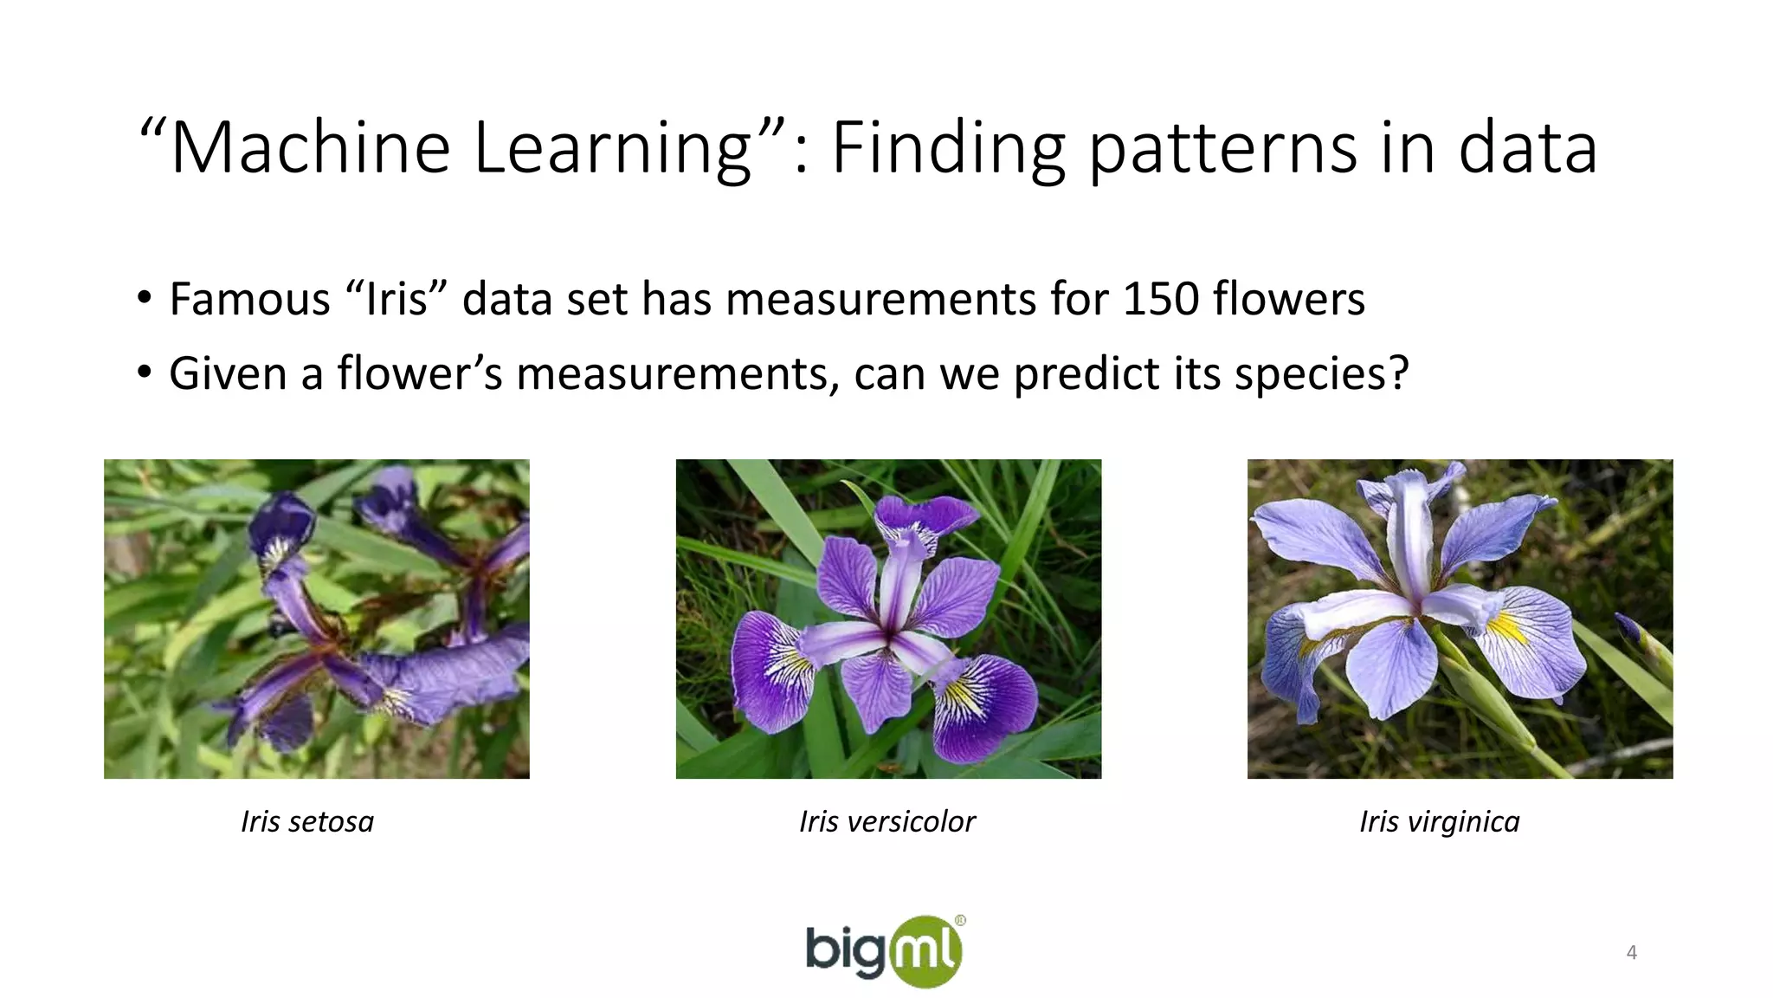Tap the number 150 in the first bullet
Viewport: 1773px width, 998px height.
pos(1161,299)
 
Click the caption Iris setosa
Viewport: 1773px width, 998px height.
pos(307,821)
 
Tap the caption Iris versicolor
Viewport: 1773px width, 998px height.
pos(887,821)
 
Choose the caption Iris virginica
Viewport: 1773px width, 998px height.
pos(1439,821)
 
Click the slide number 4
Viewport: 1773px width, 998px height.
pos(1631,953)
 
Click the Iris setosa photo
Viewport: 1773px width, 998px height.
pos(317,619)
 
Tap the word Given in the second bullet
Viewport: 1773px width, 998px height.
pos(228,374)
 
